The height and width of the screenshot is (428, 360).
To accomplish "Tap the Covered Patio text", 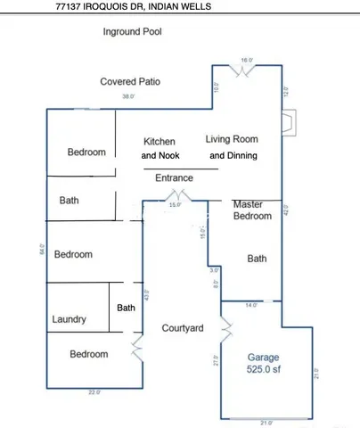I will [x=130, y=82].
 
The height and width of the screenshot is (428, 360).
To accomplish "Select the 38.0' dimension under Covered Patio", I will [x=129, y=96].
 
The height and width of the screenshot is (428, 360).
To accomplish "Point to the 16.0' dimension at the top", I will [x=247, y=60].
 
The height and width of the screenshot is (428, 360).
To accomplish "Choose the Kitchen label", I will [x=160, y=142].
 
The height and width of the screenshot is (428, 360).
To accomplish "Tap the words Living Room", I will [x=231, y=139].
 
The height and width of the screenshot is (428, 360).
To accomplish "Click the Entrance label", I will [x=174, y=178].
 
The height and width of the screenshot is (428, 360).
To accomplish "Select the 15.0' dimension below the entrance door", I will [x=175, y=205].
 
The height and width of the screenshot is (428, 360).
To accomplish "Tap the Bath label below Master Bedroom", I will [x=257, y=259].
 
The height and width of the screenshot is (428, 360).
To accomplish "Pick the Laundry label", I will [x=69, y=318].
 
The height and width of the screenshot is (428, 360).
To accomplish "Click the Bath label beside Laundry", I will [x=127, y=308].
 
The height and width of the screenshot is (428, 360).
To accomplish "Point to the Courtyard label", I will [x=183, y=329].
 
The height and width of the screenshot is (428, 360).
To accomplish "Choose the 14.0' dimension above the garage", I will [x=251, y=306].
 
